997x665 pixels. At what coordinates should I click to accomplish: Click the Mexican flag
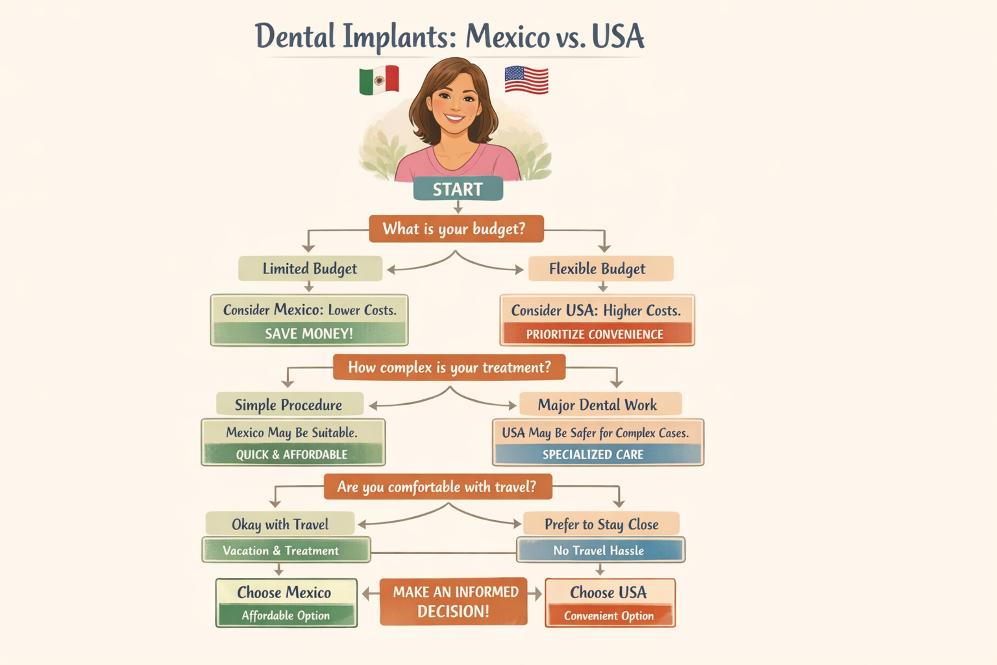(379, 80)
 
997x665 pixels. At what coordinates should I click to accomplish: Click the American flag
(526, 80)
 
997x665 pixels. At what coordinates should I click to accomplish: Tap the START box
(458, 189)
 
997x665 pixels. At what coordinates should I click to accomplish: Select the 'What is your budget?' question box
(456, 229)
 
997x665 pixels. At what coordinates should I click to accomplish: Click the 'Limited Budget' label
(310, 268)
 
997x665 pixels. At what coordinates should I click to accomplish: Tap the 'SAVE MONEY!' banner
(309, 334)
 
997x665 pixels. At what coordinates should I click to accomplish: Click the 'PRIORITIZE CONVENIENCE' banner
(595, 334)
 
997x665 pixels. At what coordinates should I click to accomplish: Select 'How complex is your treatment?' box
(449, 367)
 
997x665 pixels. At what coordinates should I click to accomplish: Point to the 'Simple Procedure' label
(289, 405)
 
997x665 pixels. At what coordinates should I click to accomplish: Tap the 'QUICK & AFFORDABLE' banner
(292, 454)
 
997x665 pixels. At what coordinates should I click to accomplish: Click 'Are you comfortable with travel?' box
(437, 486)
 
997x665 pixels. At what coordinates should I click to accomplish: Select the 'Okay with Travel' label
(280, 524)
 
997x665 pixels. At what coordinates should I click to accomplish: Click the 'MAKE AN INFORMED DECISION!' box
(454, 601)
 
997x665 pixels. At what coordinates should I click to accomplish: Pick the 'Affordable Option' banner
(286, 616)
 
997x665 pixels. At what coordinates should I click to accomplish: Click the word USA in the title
(618, 36)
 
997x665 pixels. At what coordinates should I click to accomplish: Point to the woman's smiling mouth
(454, 119)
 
